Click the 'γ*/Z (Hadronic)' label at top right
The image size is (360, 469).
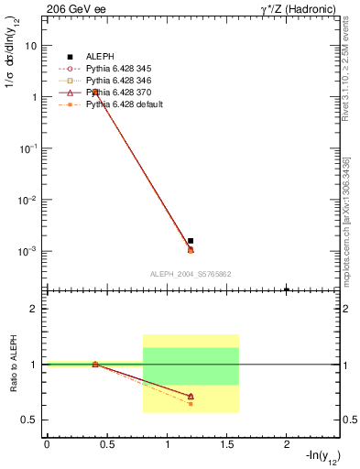point(290,8)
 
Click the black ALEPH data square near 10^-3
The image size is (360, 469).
point(191,241)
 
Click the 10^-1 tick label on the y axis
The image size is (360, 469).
point(28,147)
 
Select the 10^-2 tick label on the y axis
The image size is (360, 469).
point(28,199)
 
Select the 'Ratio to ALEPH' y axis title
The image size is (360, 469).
point(14,365)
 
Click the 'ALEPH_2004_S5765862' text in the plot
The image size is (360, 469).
point(190,274)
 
